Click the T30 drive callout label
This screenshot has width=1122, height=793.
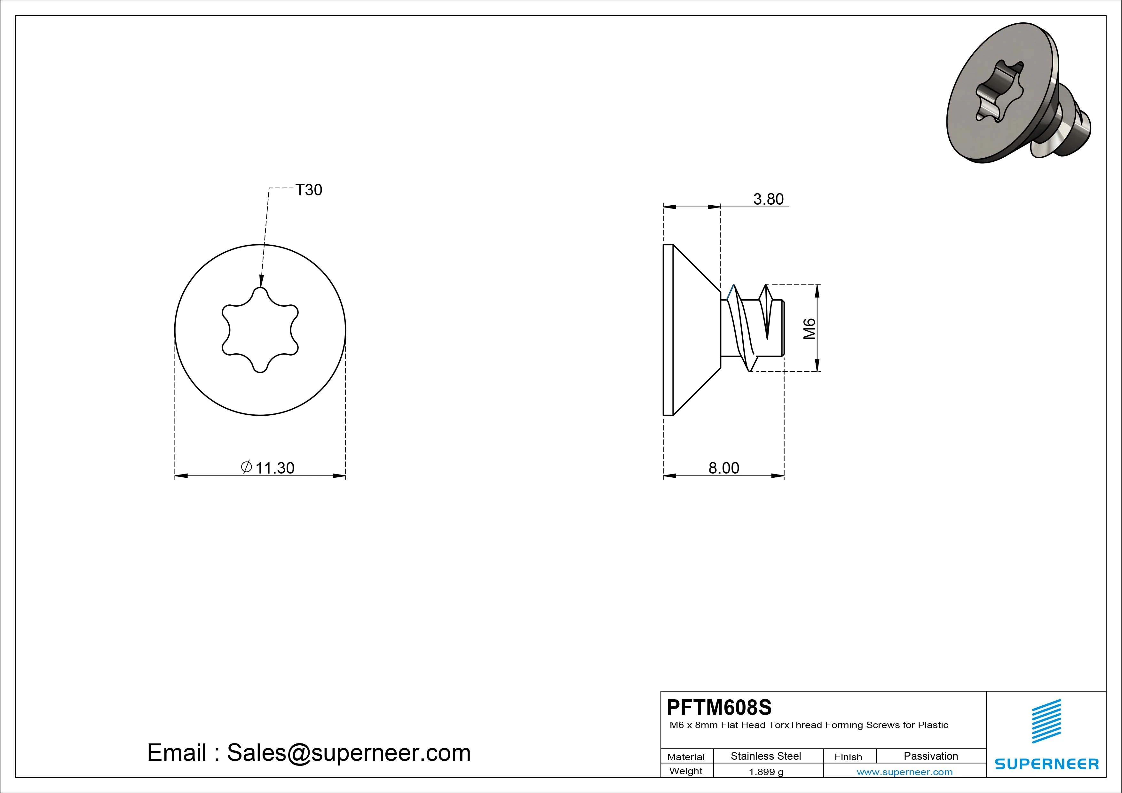[309, 190]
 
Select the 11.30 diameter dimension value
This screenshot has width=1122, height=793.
[275, 468]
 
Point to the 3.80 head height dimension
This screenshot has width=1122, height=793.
[768, 199]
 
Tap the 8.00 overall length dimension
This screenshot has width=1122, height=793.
[724, 468]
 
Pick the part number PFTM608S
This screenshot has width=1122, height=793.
[719, 707]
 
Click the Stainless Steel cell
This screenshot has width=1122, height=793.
[766, 756]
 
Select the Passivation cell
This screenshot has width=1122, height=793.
[931, 756]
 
